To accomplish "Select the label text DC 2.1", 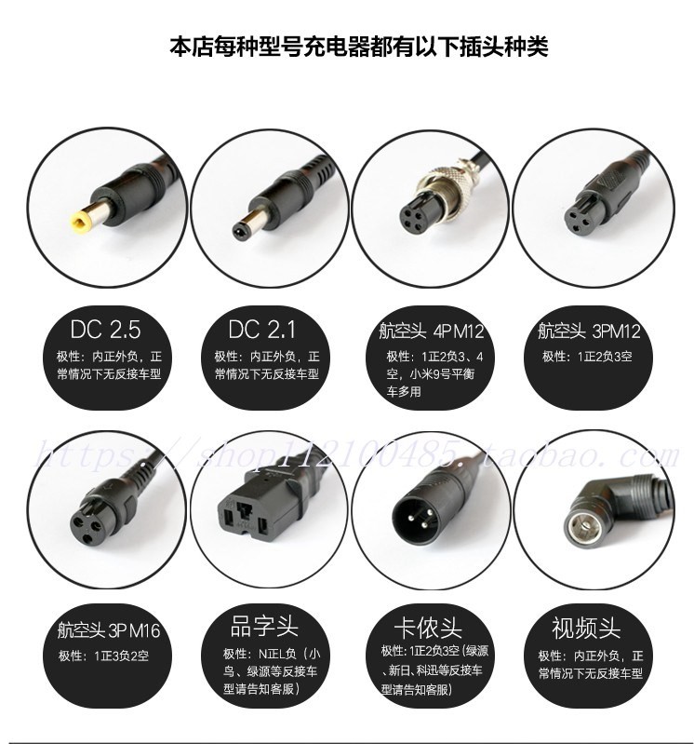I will click(263, 330).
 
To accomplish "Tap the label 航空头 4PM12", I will click(432, 331).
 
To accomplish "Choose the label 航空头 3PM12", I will click(589, 331).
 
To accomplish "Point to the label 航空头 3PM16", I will click(104, 631).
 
